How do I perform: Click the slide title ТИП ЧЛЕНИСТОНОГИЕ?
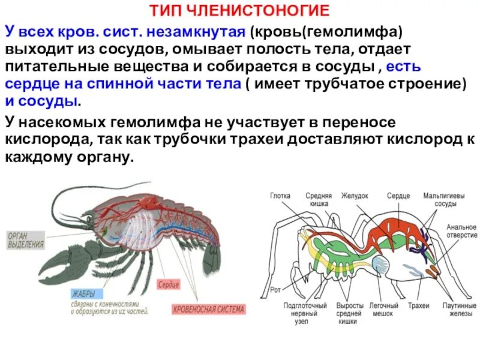coord(239,10)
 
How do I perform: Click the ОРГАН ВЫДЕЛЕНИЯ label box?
coord(26,239)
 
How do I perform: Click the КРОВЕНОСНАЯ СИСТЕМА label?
coord(208,310)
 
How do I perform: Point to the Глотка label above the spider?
coord(280,196)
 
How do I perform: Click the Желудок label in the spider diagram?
coord(355,196)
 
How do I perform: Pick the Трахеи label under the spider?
coord(418,306)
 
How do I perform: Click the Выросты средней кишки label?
coord(349,313)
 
